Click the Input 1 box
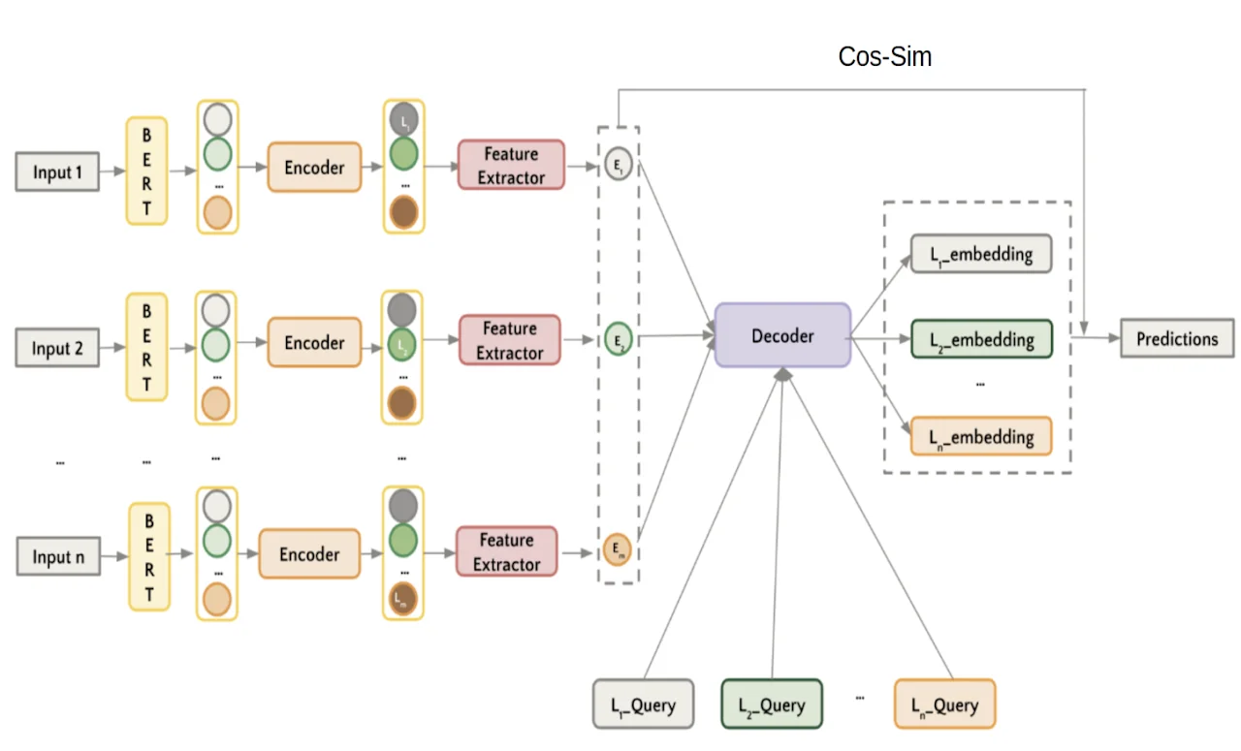pos(57,172)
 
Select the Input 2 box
pos(57,349)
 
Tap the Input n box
pos(57,557)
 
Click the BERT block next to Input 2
pos(146,348)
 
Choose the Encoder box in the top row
pos(314,168)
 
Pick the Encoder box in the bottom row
pos(309,554)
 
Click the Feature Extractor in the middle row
pos(510,340)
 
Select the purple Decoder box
pos(782,335)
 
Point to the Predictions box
pos(1177,339)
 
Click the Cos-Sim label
pos(884,57)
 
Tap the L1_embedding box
pos(980,254)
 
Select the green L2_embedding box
pos(980,340)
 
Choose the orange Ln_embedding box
pos(980,437)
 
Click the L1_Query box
pos(644,704)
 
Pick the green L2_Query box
pos(771,704)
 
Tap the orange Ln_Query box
pos(944,704)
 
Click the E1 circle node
pos(618,166)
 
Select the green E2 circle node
pos(618,340)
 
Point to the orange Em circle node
pos(617,549)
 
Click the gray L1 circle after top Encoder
pos(403,120)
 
